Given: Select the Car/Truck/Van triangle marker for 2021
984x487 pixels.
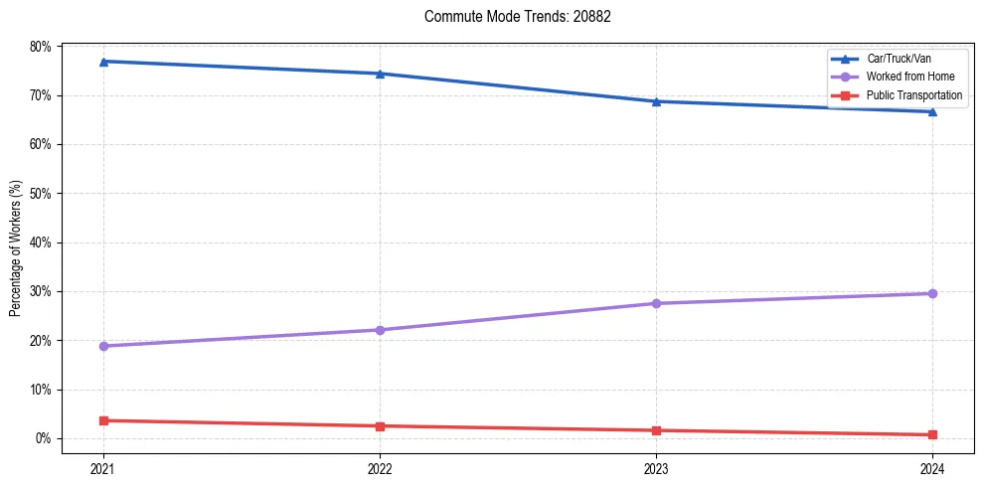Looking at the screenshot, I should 103,62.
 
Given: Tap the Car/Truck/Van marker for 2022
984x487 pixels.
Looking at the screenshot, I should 380,74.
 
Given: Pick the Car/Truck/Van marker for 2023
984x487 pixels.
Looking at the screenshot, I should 656,101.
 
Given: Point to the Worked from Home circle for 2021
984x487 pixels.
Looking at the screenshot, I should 103,346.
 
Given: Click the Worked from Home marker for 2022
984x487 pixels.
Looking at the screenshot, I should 380,330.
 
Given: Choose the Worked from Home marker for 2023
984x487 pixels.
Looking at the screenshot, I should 656,303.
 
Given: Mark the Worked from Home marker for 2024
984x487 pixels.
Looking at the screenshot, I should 932,293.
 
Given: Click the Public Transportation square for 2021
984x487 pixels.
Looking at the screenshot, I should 103,420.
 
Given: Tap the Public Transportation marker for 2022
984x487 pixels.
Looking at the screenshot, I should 380,426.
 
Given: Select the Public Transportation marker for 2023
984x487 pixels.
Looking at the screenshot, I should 656,430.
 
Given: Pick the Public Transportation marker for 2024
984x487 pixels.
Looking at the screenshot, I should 932,434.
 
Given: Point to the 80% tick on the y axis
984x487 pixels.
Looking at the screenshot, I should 41,47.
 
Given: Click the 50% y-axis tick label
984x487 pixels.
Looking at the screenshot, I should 41,194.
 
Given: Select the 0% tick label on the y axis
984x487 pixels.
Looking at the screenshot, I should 44,438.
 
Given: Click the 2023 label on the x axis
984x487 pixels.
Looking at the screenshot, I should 656,467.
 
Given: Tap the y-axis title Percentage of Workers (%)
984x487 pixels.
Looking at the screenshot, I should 16,248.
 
